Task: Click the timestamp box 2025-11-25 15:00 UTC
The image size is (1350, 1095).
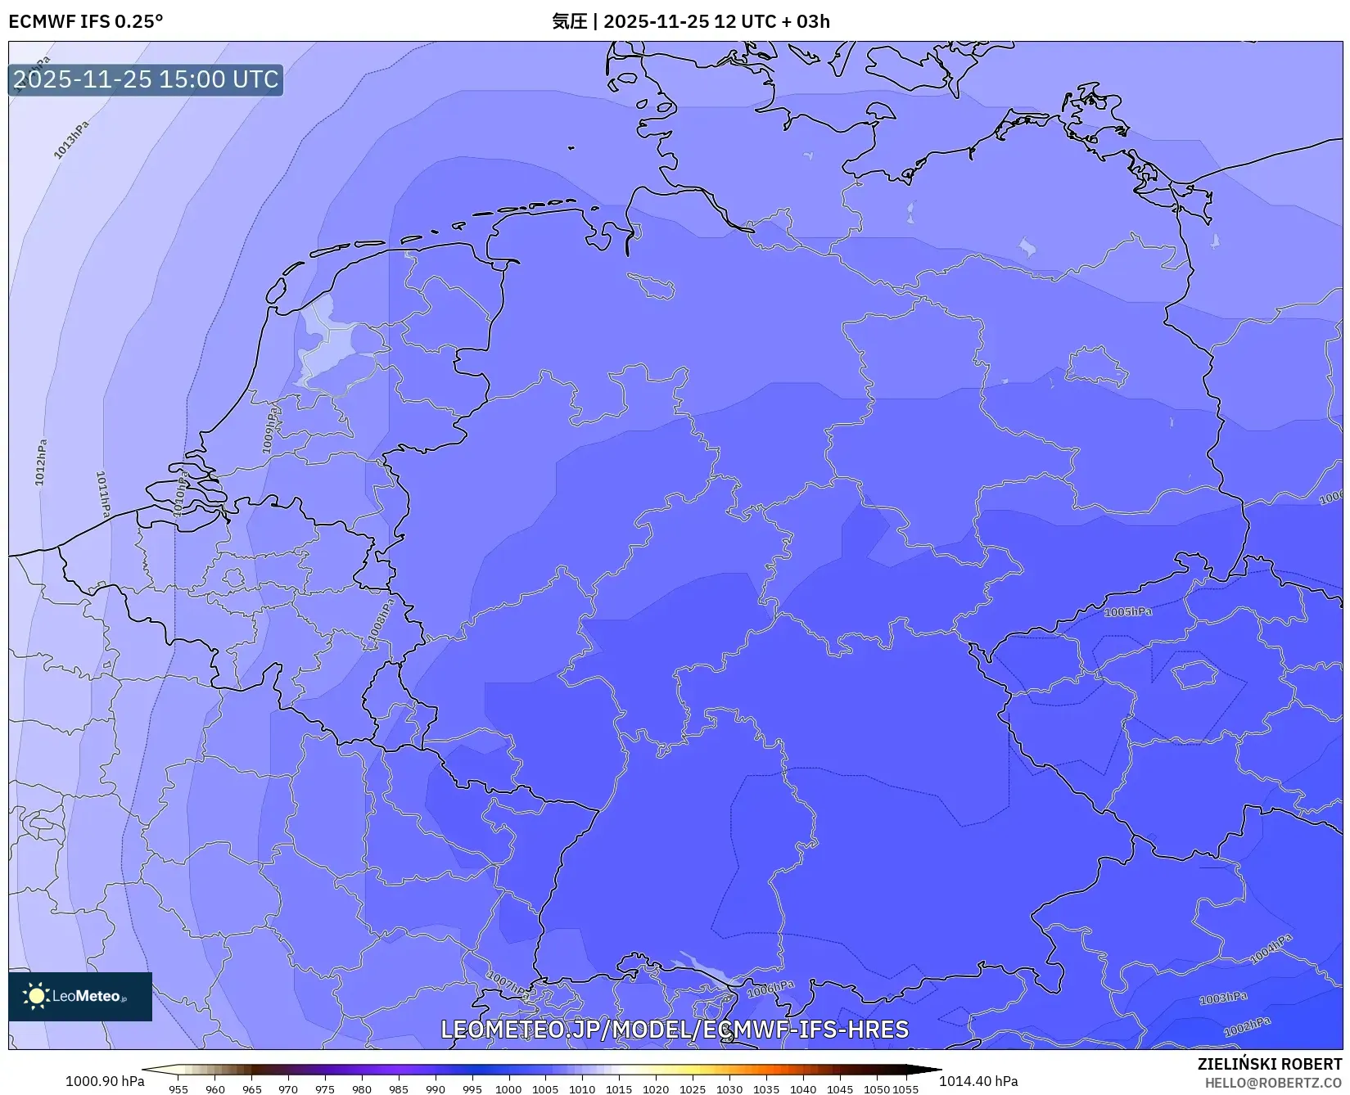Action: pos(146,79)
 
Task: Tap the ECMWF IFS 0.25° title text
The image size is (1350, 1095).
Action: pos(86,21)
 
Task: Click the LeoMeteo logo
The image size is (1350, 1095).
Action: pos(80,996)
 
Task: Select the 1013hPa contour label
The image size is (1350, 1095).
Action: pos(71,140)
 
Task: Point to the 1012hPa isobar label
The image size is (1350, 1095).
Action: pos(41,462)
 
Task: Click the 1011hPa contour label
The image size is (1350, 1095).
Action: pos(103,493)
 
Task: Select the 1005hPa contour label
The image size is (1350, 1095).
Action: pos(1127,612)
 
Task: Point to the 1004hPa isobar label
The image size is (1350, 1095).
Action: pos(1271,949)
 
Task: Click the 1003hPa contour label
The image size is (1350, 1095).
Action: pos(1223,998)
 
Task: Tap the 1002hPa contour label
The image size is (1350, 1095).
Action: pos(1247,1027)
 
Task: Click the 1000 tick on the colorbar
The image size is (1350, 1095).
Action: pos(508,1088)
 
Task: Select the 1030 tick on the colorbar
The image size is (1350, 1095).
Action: pos(729,1088)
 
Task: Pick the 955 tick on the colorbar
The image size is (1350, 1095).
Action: pos(178,1088)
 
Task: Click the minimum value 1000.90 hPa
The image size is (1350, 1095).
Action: pos(104,1081)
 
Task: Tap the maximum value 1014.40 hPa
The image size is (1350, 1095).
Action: pos(978,1081)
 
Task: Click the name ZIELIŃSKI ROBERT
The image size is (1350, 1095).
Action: pos(1270,1064)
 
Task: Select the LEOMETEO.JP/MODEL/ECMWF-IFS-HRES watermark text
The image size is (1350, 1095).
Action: pos(675,1029)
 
